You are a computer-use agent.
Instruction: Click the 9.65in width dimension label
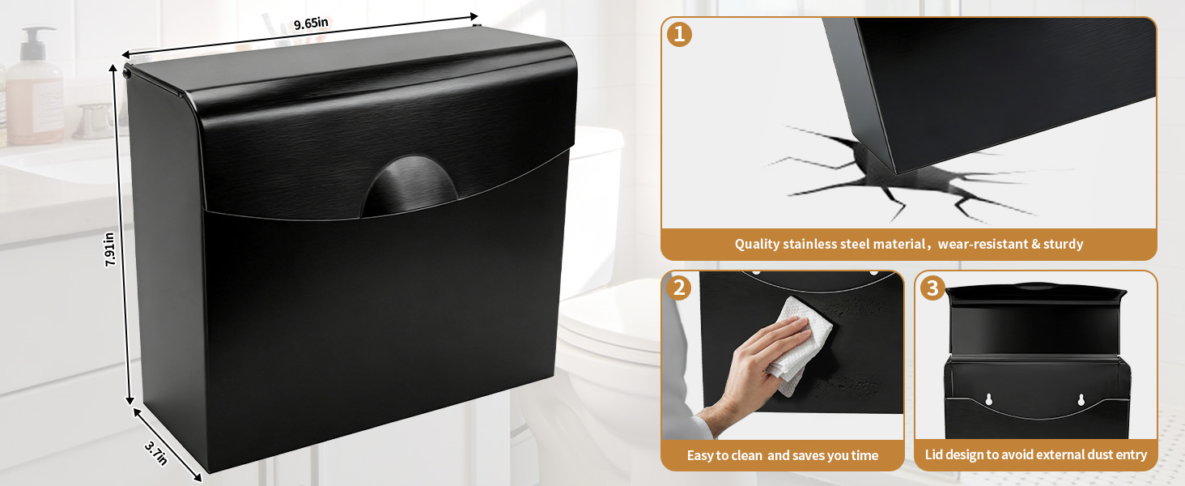pos(311,23)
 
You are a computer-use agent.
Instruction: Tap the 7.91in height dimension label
pos(109,249)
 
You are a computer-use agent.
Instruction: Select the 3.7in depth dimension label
pos(156,453)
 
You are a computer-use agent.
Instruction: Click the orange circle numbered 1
pos(679,35)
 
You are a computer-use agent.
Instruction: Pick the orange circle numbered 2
pos(679,288)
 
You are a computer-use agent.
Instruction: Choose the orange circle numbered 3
pos(932,288)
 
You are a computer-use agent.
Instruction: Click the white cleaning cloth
pos(799,344)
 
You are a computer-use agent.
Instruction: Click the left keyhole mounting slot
pos(989,399)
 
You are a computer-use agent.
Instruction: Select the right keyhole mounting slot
pos(1081,399)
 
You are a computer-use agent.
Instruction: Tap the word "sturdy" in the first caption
pos(1063,244)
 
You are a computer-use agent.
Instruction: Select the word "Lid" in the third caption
pos(934,454)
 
